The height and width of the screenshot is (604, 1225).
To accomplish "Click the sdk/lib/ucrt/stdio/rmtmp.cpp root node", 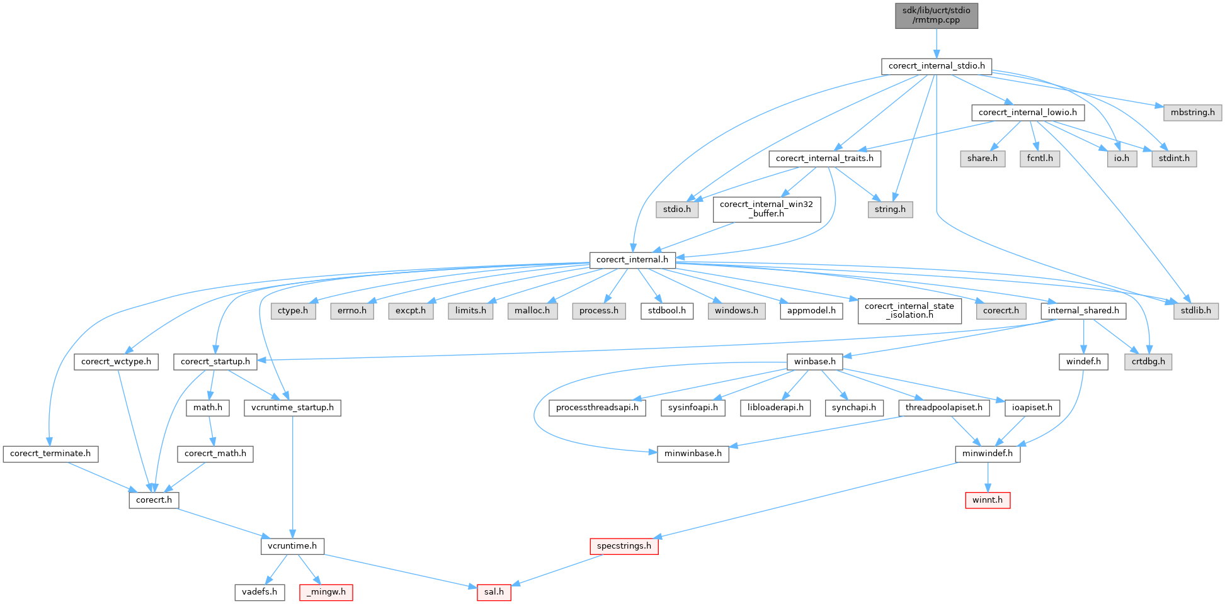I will click(937, 15).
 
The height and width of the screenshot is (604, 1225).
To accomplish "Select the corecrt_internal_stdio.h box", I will click(937, 66).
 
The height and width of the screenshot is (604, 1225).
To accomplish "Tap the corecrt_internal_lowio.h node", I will click(1027, 113).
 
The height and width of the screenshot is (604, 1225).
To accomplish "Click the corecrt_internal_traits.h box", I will click(824, 159).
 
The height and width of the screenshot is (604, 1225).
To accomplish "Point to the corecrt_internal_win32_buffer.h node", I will click(766, 209).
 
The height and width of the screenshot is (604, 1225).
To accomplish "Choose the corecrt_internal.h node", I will click(632, 260).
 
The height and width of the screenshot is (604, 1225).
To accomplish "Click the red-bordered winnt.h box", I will click(987, 500).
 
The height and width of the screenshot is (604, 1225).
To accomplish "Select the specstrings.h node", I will click(624, 546).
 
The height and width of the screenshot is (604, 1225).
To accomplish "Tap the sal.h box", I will click(494, 592).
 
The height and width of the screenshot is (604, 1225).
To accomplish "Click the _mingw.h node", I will click(326, 592).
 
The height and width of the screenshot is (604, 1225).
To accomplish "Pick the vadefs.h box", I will click(259, 592).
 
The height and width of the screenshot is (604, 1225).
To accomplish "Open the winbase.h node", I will click(814, 362).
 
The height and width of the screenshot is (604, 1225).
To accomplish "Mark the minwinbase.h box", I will click(693, 454).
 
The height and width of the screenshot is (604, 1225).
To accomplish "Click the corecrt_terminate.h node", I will click(50, 454).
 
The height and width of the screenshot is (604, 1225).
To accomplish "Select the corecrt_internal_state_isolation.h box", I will click(909, 311).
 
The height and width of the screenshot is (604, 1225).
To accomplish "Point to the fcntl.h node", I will click(1039, 159).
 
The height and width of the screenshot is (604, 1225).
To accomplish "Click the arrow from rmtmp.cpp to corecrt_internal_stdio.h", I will click(937, 43).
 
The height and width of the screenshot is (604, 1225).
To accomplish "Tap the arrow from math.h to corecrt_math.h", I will click(211, 431).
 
